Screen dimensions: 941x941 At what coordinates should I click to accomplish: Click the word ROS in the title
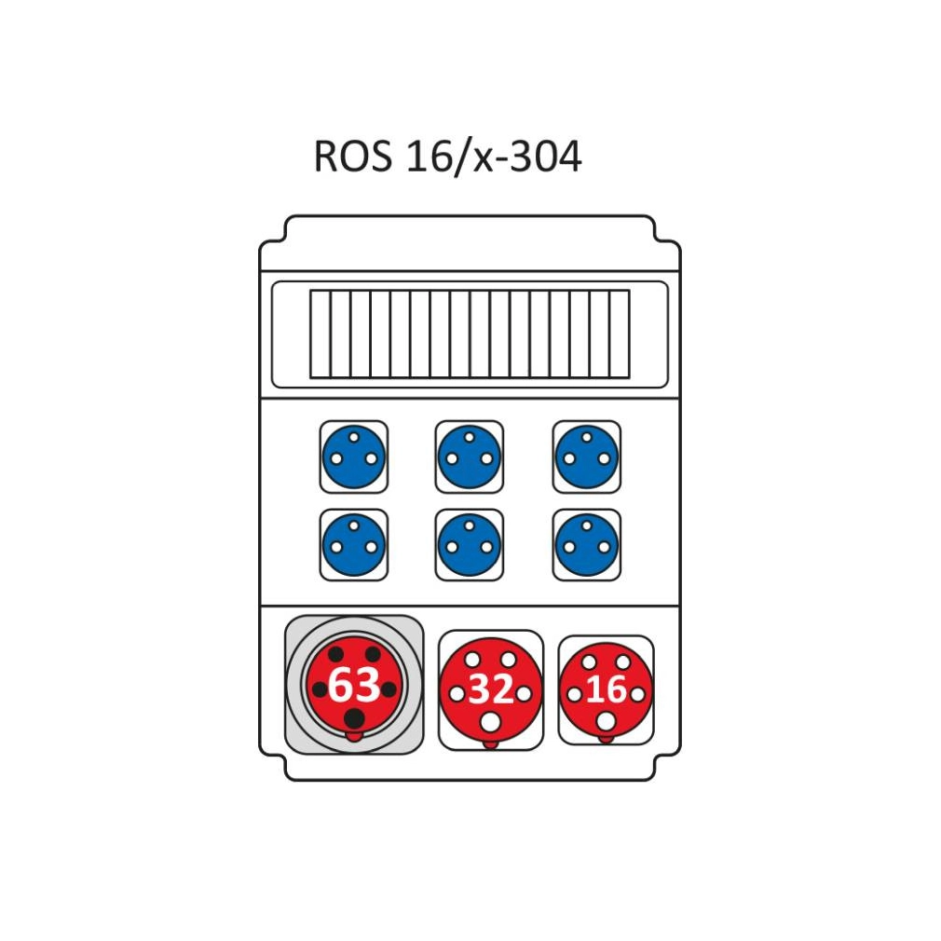pyautogui.click(x=353, y=156)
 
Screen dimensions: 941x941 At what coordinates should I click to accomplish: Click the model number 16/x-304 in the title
pyautogui.click(x=494, y=157)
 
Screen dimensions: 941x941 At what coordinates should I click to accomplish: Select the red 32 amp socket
pyautogui.click(x=490, y=690)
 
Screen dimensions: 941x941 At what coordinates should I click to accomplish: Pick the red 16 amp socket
pyautogui.click(x=606, y=690)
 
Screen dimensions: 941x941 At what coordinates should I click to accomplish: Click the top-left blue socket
pyautogui.click(x=353, y=457)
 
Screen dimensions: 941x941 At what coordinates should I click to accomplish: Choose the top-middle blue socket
pyautogui.click(x=470, y=457)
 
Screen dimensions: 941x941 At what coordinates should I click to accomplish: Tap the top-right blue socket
pyautogui.click(x=586, y=457)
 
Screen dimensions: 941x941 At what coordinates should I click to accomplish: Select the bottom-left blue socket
pyautogui.click(x=353, y=546)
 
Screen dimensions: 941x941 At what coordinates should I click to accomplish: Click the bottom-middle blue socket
pyautogui.click(x=470, y=546)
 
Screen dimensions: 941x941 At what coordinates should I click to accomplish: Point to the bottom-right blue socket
pyautogui.click(x=586, y=546)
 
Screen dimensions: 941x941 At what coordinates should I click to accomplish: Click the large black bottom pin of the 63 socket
pyautogui.click(x=355, y=717)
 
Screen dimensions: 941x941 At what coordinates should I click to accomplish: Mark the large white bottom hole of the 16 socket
pyautogui.click(x=606, y=721)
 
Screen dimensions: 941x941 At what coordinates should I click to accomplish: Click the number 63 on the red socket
pyautogui.click(x=354, y=684)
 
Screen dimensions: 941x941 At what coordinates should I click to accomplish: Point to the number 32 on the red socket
pyautogui.click(x=491, y=689)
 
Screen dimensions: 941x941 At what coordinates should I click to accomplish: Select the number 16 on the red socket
pyautogui.click(x=607, y=689)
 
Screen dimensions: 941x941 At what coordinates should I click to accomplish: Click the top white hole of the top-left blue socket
pyautogui.click(x=353, y=437)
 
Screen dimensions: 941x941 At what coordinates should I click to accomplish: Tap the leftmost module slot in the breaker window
pyautogui.click(x=320, y=334)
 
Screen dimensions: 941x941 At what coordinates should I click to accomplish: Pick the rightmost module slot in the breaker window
pyautogui.click(x=620, y=334)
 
